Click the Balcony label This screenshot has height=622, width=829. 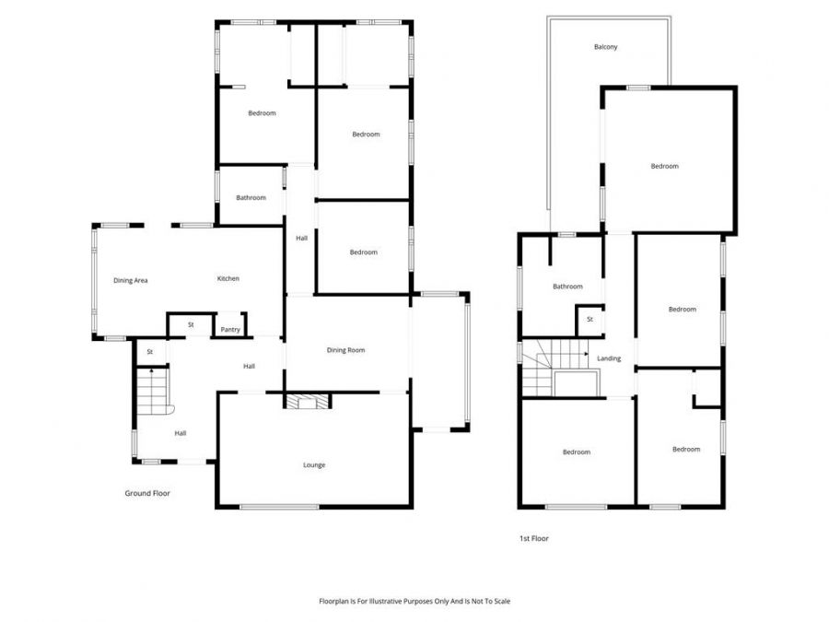[605, 47]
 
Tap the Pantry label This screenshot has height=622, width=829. [229, 329]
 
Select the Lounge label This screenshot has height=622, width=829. [314, 465]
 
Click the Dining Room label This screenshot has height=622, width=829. [346, 350]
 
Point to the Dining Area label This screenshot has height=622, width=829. [131, 280]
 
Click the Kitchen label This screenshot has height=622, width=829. [228, 278]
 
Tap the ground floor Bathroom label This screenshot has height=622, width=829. [251, 197]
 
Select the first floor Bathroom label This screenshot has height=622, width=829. [567, 287]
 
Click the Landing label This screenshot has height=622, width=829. [609, 358]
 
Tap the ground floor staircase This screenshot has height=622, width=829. [153, 390]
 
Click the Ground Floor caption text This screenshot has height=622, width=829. [147, 494]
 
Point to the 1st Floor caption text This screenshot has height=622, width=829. [534, 538]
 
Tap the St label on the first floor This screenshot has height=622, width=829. [590, 320]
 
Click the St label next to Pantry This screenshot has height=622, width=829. [191, 324]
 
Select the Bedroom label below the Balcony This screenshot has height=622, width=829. [664, 166]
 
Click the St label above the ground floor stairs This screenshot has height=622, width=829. [149, 351]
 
